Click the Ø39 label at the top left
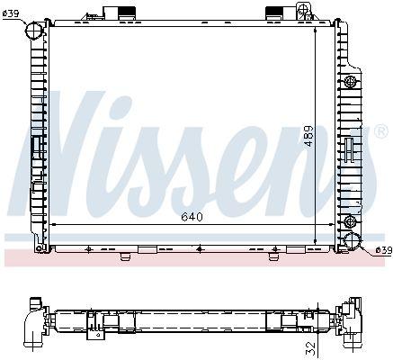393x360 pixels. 11,13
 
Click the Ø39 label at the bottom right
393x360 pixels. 384,250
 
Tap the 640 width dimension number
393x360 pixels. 192,217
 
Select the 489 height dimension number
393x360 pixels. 309,136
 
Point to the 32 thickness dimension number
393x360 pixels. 312,348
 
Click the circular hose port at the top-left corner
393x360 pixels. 33,30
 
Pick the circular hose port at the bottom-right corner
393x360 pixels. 353,241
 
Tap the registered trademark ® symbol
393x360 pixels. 381,131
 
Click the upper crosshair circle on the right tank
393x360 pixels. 350,81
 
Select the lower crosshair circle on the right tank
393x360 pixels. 350,221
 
